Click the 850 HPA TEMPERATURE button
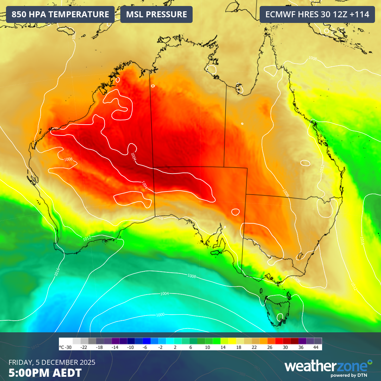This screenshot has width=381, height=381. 60,14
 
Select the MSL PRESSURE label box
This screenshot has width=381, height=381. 156,14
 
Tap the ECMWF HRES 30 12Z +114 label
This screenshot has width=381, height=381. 317,14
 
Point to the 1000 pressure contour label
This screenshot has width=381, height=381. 160,315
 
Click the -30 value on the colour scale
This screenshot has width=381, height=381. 66,347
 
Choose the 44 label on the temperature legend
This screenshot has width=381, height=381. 316,347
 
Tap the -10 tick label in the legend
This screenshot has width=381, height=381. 130,347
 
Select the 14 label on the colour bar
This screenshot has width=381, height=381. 223,347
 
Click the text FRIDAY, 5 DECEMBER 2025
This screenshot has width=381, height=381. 52,362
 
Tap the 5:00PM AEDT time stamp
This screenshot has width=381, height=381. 45,373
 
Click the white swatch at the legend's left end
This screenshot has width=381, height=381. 77,341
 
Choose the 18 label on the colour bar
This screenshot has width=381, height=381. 238,347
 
